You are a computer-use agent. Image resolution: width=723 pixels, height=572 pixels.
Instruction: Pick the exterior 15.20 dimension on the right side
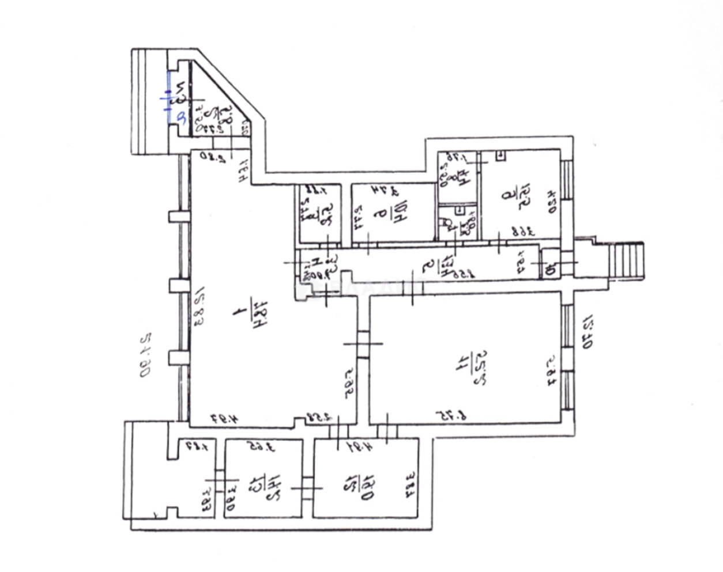click(588, 332)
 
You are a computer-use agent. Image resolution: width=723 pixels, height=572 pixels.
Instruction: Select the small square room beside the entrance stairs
click(550, 266)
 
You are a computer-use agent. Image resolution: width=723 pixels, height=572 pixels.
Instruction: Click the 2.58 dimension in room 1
click(317, 416)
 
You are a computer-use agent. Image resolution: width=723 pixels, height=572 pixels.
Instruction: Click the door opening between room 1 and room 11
click(363, 344)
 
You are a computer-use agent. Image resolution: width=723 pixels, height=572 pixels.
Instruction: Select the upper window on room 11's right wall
click(567, 325)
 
